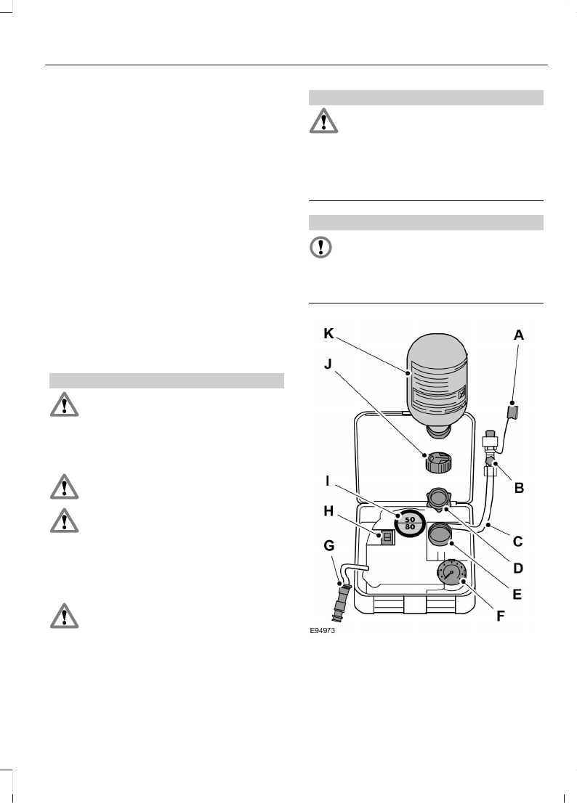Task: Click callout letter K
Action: tap(330, 335)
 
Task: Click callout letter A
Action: tap(519, 335)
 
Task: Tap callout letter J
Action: tap(330, 365)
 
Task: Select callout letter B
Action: tap(519, 489)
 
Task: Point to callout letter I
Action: tap(330, 481)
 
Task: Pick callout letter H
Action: tap(329, 512)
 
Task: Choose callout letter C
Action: tap(519, 540)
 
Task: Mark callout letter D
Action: tap(519, 567)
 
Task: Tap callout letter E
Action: tap(517, 593)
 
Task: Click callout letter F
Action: tap(500, 617)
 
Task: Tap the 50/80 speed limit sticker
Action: tap(409, 522)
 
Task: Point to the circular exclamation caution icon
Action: tap(320, 248)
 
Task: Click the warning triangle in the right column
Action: tap(323, 121)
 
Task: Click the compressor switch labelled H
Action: tap(388, 537)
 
